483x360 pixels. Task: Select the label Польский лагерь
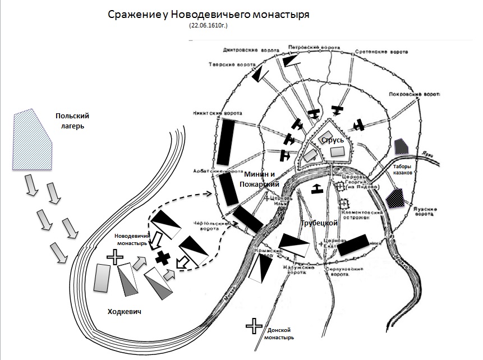72,121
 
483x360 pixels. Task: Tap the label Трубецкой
319,223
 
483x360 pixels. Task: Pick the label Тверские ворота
223,63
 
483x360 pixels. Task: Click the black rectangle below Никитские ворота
228,144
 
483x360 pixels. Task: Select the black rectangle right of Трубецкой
353,244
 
